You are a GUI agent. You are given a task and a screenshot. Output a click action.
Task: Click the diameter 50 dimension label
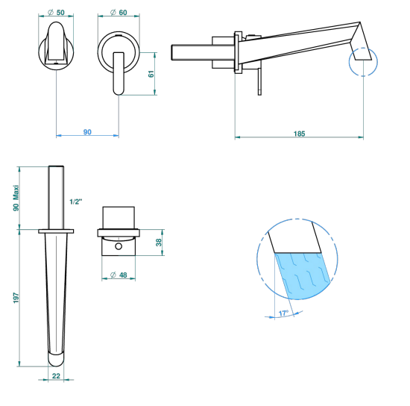tap(56, 12)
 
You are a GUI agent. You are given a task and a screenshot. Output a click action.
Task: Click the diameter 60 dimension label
tap(119, 12)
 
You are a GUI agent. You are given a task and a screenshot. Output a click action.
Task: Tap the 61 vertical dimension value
tap(151, 74)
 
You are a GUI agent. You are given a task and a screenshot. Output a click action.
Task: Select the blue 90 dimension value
tap(87, 131)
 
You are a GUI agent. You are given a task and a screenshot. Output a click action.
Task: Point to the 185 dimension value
tap(299, 134)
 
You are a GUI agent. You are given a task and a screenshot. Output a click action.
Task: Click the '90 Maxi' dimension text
tap(16, 199)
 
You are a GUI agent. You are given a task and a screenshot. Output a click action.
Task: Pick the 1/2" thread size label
tap(75, 202)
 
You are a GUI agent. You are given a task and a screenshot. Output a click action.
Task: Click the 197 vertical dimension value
tap(16, 298)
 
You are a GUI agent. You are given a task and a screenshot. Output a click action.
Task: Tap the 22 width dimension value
tap(56, 376)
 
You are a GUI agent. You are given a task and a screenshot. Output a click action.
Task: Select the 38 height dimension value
tap(159, 243)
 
